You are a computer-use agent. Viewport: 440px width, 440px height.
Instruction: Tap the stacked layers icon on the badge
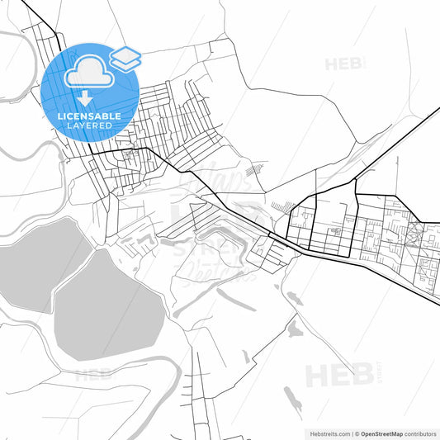(125, 57)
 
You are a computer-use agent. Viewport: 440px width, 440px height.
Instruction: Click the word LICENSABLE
(90, 116)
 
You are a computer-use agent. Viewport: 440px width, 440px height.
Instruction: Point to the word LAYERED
(90, 126)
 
